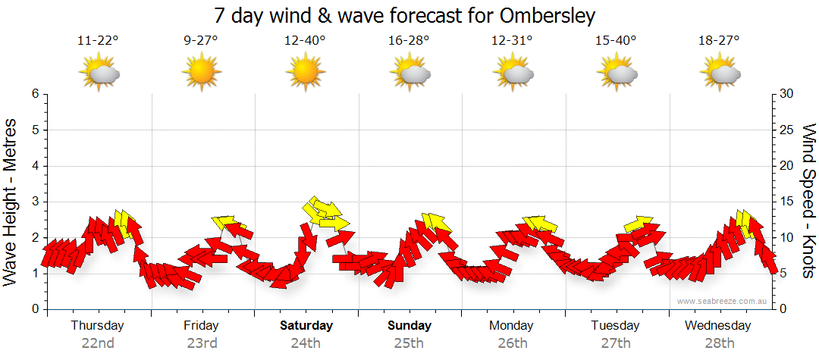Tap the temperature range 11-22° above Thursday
98,40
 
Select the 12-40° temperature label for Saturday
305,40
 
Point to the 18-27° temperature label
719,40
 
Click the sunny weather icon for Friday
202,73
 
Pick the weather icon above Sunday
409,73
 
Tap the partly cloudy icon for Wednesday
720,73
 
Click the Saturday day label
306,326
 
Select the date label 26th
513,343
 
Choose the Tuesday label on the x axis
616,326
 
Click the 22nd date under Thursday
98,343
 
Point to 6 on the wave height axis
34,94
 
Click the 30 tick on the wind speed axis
787,94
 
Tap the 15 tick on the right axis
787,202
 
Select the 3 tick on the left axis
34,202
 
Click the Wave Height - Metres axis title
11,201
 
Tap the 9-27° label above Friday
201,40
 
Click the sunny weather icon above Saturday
306,73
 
